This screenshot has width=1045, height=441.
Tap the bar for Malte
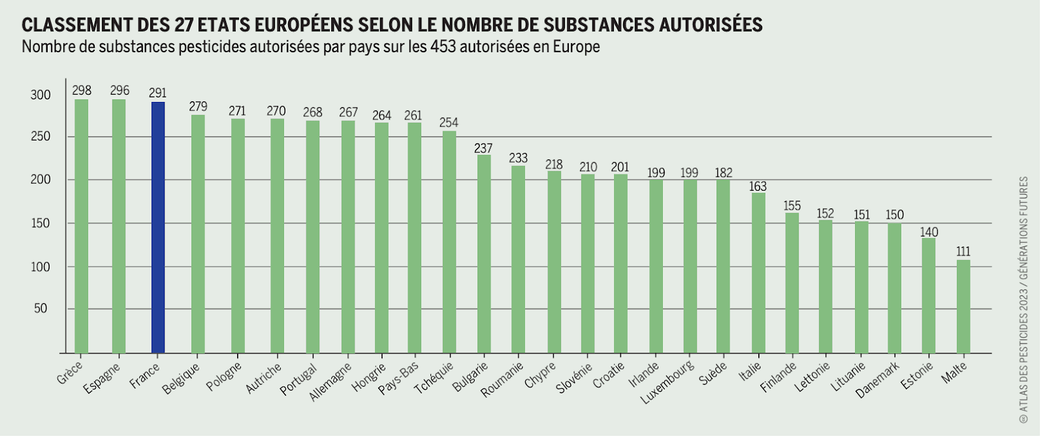pos(963,306)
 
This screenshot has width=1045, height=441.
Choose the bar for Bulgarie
pos(484,254)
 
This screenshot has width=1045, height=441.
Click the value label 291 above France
pos(157,93)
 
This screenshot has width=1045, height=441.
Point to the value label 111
pos(963,252)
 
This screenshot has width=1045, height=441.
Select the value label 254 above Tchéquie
pos(449,122)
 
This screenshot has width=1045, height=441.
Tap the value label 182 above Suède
pos(723,172)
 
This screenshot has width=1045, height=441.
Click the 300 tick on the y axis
pos(40,95)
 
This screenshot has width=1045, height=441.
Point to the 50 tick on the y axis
pos(40,308)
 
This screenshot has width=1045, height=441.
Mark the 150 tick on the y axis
pos(40,223)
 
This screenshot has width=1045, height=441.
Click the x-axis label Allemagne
pos(330,382)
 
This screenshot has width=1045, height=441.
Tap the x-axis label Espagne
pos(103,378)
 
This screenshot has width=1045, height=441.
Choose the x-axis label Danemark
pos(878,380)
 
